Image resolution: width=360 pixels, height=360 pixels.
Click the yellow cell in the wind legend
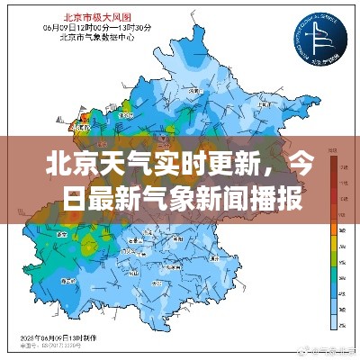[x=333, y=240]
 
